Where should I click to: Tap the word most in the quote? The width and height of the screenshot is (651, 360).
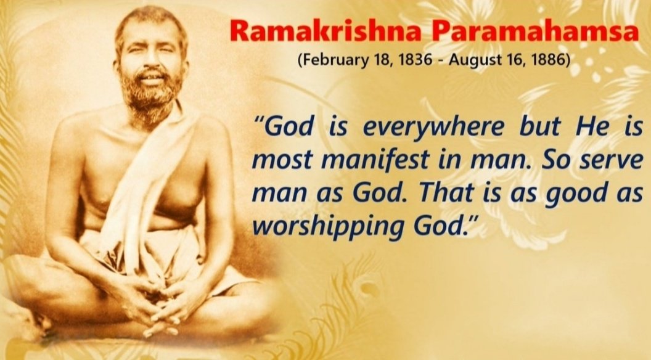280,162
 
